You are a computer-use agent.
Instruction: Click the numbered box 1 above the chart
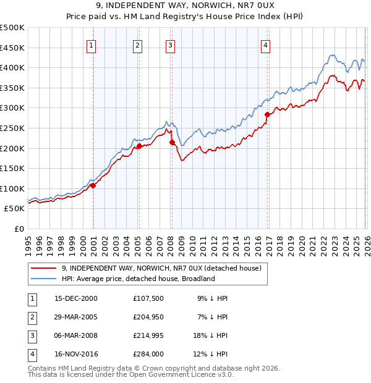[x=91, y=44]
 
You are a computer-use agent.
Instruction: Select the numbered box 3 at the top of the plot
[x=170, y=44]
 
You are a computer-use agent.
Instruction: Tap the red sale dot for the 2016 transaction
[x=267, y=114]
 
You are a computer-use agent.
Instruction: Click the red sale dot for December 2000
[x=93, y=185]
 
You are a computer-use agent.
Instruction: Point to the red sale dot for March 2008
[x=172, y=143]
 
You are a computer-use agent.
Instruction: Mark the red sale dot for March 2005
[x=139, y=146]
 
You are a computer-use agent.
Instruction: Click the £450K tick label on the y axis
[x=12, y=48]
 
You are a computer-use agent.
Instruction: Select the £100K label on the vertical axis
[x=12, y=188]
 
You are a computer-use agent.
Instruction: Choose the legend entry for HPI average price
[x=138, y=279]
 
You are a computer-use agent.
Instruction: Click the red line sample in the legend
[x=43, y=268]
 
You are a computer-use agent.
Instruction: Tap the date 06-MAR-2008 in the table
[x=75, y=337]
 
